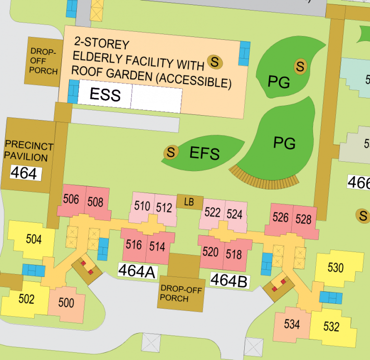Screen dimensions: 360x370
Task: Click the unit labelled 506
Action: (71, 200)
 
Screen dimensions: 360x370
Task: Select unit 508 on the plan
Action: (95, 202)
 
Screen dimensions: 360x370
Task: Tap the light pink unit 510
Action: (142, 207)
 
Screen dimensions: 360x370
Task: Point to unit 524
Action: (234, 214)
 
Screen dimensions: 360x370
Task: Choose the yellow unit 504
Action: (34, 239)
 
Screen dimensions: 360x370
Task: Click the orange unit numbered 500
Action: (66, 303)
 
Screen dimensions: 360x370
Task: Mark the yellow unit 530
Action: (335, 267)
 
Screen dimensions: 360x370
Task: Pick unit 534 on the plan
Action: (292, 324)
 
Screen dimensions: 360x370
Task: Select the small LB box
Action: (189, 202)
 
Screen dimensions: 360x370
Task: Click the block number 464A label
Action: (137, 272)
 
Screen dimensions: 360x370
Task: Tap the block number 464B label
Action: (229, 280)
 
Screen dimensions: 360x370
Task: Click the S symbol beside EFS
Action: (170, 153)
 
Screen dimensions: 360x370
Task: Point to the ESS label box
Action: (105, 95)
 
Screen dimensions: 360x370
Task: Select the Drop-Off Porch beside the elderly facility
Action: (44, 61)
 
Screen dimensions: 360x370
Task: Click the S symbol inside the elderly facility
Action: (215, 61)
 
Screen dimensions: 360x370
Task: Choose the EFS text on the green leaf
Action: (204, 154)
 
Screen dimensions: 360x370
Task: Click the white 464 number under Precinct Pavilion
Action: (24, 173)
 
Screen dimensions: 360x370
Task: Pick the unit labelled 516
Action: (133, 245)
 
